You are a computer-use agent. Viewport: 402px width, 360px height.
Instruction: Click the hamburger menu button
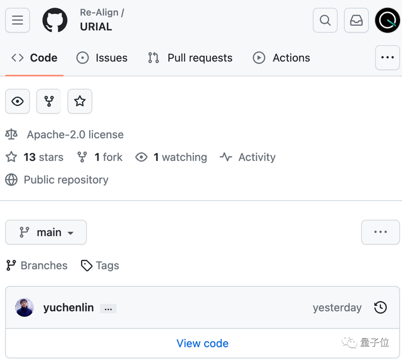tap(18, 20)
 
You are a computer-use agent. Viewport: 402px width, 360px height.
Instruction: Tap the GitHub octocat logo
tap(55, 20)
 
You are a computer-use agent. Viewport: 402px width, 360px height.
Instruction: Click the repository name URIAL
tap(96, 26)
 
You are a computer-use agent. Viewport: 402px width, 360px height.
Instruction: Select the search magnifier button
tap(325, 20)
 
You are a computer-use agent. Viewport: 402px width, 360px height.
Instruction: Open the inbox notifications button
tap(356, 20)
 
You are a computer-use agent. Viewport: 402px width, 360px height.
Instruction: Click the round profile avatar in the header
tap(388, 20)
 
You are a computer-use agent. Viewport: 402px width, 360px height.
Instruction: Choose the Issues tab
tap(102, 58)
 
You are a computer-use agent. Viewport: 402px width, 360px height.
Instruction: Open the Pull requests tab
tap(190, 58)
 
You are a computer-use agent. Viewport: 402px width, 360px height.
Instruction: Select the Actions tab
tap(281, 58)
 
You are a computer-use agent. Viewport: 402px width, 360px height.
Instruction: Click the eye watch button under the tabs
tap(18, 101)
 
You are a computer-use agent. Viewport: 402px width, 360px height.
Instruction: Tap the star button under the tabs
tap(80, 101)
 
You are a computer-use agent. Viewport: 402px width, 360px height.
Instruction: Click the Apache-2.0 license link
tap(75, 134)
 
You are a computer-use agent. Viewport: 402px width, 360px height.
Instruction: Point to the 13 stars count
tap(43, 157)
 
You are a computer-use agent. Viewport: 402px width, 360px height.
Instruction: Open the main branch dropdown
tap(46, 232)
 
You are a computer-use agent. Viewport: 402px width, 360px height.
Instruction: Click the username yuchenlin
tap(68, 307)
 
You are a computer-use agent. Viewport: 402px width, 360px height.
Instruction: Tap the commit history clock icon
tap(381, 307)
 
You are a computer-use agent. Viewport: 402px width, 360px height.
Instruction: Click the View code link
tap(202, 343)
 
